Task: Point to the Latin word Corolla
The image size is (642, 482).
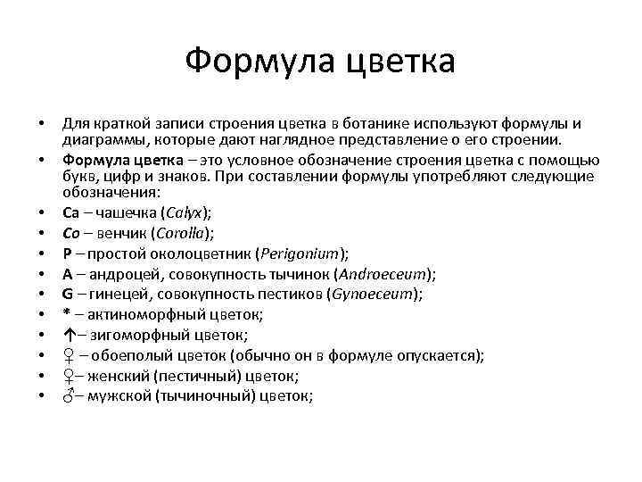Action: [x=181, y=234]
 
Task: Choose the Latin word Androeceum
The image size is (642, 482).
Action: [x=384, y=274]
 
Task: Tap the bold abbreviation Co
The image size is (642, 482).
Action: [x=71, y=234]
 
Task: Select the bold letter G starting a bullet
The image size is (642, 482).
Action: [x=68, y=294]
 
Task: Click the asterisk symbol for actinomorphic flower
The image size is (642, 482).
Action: [x=66, y=314]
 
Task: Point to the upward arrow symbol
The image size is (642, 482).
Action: [x=67, y=334]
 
